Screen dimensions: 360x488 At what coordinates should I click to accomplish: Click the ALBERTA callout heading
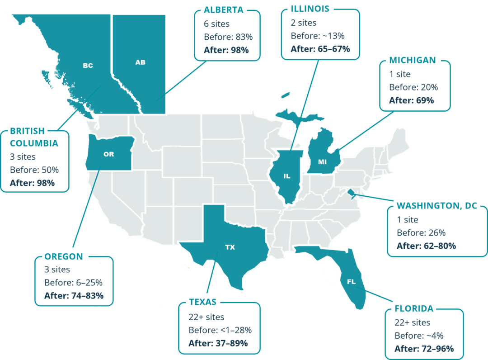[224, 10]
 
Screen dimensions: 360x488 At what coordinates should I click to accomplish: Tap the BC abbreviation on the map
[88, 66]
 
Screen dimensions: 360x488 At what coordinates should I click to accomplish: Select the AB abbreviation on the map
[141, 62]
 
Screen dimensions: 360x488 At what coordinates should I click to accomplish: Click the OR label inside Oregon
[109, 154]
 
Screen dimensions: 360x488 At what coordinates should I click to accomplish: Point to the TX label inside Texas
[230, 247]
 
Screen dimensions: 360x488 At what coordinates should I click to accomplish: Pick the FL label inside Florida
[351, 282]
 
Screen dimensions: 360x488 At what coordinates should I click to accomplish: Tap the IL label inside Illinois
[287, 176]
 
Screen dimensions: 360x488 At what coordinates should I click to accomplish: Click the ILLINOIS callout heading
[310, 8]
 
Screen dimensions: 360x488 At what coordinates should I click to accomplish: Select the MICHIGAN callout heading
[413, 60]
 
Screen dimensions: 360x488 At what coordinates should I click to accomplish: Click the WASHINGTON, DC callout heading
[436, 205]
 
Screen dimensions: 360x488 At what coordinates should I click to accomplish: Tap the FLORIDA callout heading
[414, 309]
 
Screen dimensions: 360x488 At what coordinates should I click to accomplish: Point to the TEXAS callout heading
[202, 302]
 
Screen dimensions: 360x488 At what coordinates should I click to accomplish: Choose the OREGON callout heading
[64, 256]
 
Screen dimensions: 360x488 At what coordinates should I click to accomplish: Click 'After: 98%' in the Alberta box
[226, 50]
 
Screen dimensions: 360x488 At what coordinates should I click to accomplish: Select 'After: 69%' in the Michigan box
[412, 100]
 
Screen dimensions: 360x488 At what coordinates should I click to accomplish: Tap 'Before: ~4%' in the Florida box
[419, 336]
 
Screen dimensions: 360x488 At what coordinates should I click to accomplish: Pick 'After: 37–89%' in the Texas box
[218, 343]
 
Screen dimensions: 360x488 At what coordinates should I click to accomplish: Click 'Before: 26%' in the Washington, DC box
[421, 233]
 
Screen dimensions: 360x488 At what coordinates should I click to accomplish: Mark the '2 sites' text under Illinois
[304, 23]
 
